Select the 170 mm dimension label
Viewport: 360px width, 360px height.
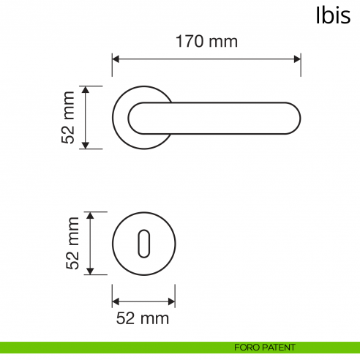pos(206,42)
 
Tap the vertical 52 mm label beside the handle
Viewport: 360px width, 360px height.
pos(69,117)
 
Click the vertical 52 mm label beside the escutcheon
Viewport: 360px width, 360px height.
pos(72,244)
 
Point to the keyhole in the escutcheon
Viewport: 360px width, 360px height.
pos(143,243)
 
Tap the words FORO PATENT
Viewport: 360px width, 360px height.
pos(265,347)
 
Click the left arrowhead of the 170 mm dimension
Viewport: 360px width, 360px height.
pos(116,58)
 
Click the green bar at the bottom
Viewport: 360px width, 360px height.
pos(110,347)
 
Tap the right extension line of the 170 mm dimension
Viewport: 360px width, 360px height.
pos(301,66)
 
